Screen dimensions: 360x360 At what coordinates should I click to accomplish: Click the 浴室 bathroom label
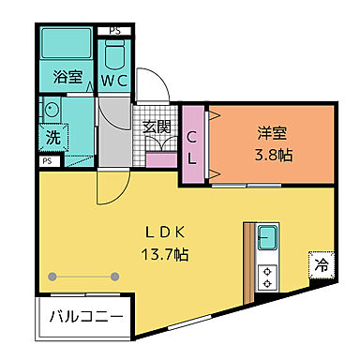coord(66,77)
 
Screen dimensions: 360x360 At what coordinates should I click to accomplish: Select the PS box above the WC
coord(114,31)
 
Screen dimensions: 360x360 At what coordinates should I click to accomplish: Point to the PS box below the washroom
coord(46,161)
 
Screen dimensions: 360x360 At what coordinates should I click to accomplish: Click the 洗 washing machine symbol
coord(52,137)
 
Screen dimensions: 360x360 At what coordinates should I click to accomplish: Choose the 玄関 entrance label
coord(157,127)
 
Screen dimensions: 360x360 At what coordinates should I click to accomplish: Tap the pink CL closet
coord(192,146)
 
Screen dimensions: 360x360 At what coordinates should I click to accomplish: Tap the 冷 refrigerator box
coord(320,266)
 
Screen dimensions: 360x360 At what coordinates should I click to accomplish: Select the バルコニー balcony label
coord(86,317)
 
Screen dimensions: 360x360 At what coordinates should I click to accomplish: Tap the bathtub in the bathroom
coord(67,46)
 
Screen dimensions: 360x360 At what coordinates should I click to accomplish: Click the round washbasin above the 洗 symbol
coord(51,111)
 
